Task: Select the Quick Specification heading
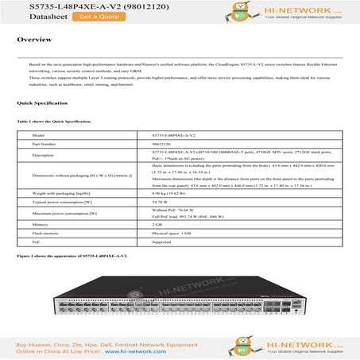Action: (39, 104)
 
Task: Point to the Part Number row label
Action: (45, 144)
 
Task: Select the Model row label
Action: (38, 136)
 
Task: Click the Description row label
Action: (44, 155)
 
